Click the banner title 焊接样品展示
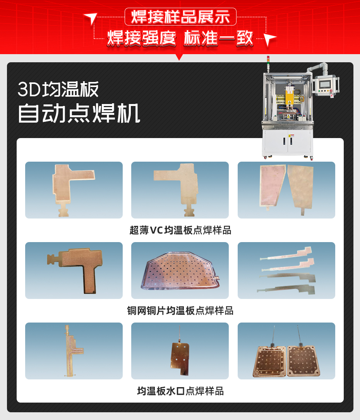coord(180,17)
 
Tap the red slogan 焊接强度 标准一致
coord(180,38)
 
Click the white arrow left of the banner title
coord(90,18)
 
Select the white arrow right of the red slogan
coord(270,38)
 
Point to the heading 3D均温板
coord(58,89)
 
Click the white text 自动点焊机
coord(79,113)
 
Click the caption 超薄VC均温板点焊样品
coord(180,230)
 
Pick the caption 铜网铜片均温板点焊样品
coord(180,311)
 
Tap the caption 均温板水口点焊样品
coord(180,391)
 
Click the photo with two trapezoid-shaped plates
coord(286,190)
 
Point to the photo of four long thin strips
coord(286,270)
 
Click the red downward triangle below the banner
coord(179,57)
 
